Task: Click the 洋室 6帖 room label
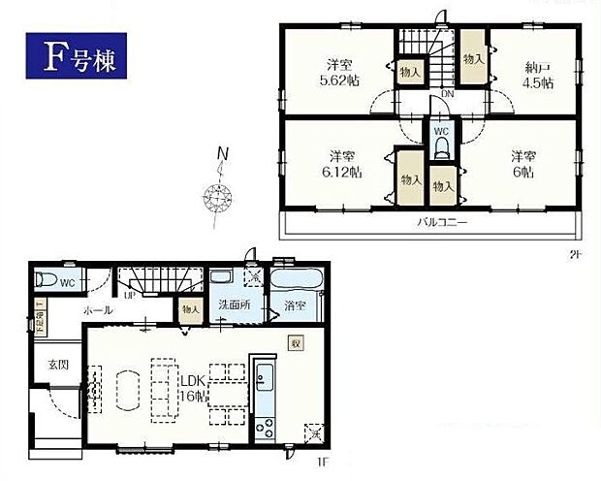(x=523, y=164)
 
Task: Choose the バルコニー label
(x=443, y=223)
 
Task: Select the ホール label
(x=97, y=311)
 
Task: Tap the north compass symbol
(x=219, y=197)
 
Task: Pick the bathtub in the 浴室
(x=296, y=282)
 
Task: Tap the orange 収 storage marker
(x=295, y=341)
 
